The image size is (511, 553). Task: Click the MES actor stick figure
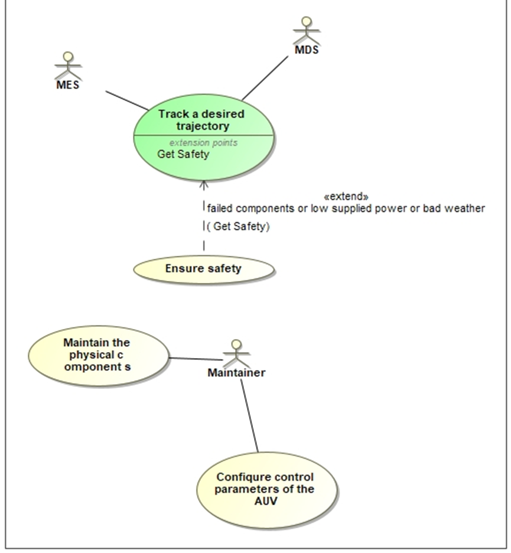(x=68, y=66)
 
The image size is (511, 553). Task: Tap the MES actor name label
(x=68, y=85)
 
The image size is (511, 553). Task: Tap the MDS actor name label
(x=307, y=50)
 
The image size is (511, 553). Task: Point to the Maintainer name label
(x=236, y=373)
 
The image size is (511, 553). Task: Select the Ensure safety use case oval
(x=204, y=269)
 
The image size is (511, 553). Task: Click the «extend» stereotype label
(x=347, y=196)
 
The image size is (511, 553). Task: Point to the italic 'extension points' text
(x=204, y=143)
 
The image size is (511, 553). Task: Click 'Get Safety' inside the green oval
(x=183, y=155)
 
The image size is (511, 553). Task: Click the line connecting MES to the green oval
(x=127, y=100)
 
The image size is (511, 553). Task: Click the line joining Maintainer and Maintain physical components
(x=195, y=359)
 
